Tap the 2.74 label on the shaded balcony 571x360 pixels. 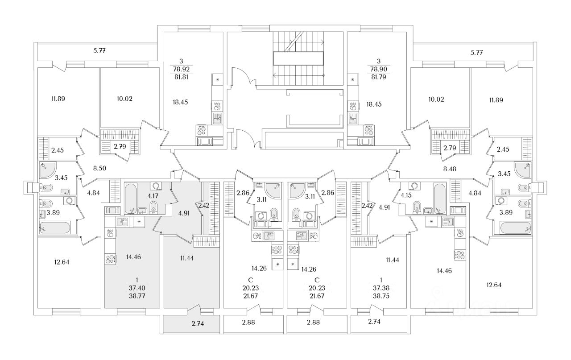tap(191, 324)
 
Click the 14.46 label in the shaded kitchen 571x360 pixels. tap(134, 257)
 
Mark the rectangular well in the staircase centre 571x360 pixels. tap(298, 58)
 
